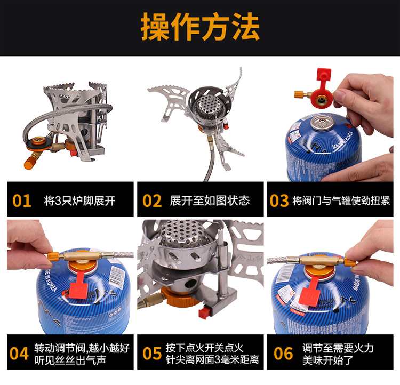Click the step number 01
[22, 200]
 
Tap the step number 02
[152, 200]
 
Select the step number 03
[279, 200]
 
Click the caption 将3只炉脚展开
[79, 200]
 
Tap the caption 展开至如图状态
[210, 200]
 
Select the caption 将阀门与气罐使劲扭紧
[341, 200]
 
